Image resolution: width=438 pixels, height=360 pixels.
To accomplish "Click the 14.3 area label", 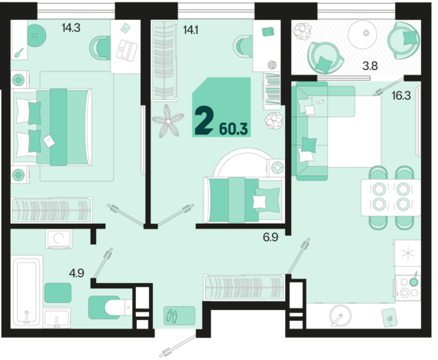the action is [71, 28].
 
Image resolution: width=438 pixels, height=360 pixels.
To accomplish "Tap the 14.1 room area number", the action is [191, 29].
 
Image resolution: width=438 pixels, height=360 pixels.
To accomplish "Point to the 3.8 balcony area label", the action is [370, 66].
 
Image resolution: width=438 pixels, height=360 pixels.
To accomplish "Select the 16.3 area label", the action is [401, 96].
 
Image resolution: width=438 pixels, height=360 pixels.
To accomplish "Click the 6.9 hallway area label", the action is [270, 237].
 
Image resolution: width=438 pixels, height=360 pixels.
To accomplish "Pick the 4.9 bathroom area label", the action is [77, 273].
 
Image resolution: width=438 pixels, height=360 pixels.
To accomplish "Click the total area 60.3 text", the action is [234, 129].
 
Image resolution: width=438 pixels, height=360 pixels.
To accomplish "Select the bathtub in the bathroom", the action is [27, 292].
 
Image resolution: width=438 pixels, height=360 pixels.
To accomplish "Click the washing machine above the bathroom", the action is [59, 239].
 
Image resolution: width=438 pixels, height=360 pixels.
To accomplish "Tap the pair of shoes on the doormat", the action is [172, 316].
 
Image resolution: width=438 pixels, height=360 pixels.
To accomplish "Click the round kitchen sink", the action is [340, 315].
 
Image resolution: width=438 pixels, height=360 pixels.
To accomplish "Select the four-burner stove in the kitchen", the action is [408, 287].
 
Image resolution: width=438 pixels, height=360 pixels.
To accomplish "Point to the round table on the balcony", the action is [367, 34].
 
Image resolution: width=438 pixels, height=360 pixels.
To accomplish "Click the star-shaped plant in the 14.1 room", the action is [168, 121].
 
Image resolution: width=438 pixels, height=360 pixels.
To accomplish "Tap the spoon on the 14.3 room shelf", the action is [18, 53].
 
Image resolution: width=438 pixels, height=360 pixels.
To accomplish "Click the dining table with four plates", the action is [391, 198].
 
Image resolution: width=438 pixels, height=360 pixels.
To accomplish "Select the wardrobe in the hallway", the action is [244, 288].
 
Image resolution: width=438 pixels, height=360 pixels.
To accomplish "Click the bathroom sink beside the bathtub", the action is [57, 318].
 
